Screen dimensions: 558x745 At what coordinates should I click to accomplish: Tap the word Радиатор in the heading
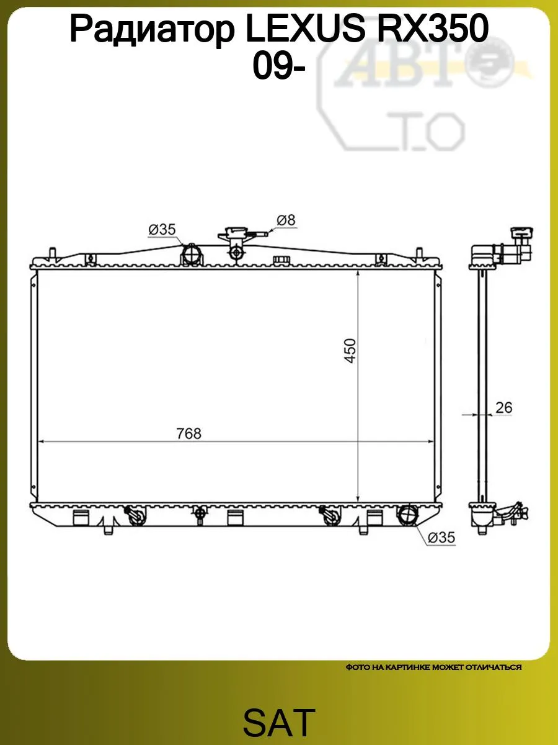click(x=152, y=31)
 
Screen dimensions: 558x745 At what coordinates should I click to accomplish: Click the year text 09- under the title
click(x=279, y=66)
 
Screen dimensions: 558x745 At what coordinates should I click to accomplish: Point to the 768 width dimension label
click(x=188, y=433)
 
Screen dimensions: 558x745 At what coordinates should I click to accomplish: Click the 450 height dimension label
click(x=350, y=351)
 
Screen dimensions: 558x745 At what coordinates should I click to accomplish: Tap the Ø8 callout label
click(x=286, y=220)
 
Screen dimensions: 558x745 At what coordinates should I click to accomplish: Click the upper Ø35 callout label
click(x=162, y=230)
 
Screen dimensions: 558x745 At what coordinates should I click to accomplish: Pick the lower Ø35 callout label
click(x=441, y=537)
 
